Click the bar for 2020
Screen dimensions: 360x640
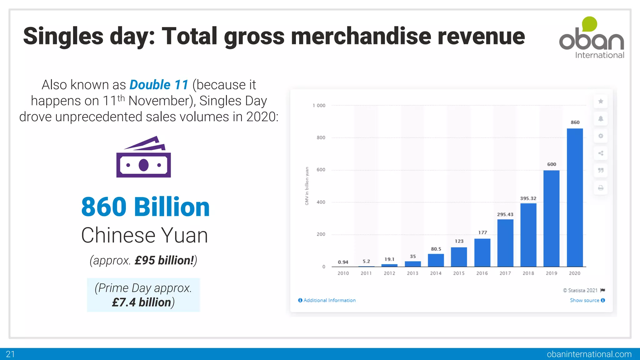pos(575,197)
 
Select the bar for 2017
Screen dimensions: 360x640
pos(505,243)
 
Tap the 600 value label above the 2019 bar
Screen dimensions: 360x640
pos(552,164)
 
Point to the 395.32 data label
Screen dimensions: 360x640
pos(528,198)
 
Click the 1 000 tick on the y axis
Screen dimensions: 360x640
pos(319,106)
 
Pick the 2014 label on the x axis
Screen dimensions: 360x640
pos(436,273)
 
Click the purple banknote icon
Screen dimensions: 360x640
pos(143,157)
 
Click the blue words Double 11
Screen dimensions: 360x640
pos(159,85)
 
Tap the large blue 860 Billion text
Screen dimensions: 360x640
pos(145,207)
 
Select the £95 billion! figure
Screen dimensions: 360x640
pos(164,260)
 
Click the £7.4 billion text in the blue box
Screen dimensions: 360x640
pos(142,302)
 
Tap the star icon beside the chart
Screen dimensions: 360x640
pos(601,101)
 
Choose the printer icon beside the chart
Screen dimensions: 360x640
pos(601,188)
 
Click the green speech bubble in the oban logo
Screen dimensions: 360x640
pos(589,24)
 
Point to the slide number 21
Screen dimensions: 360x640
pos(10,354)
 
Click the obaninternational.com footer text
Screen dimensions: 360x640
pos(589,354)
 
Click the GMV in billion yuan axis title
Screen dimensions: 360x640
pos(307,186)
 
